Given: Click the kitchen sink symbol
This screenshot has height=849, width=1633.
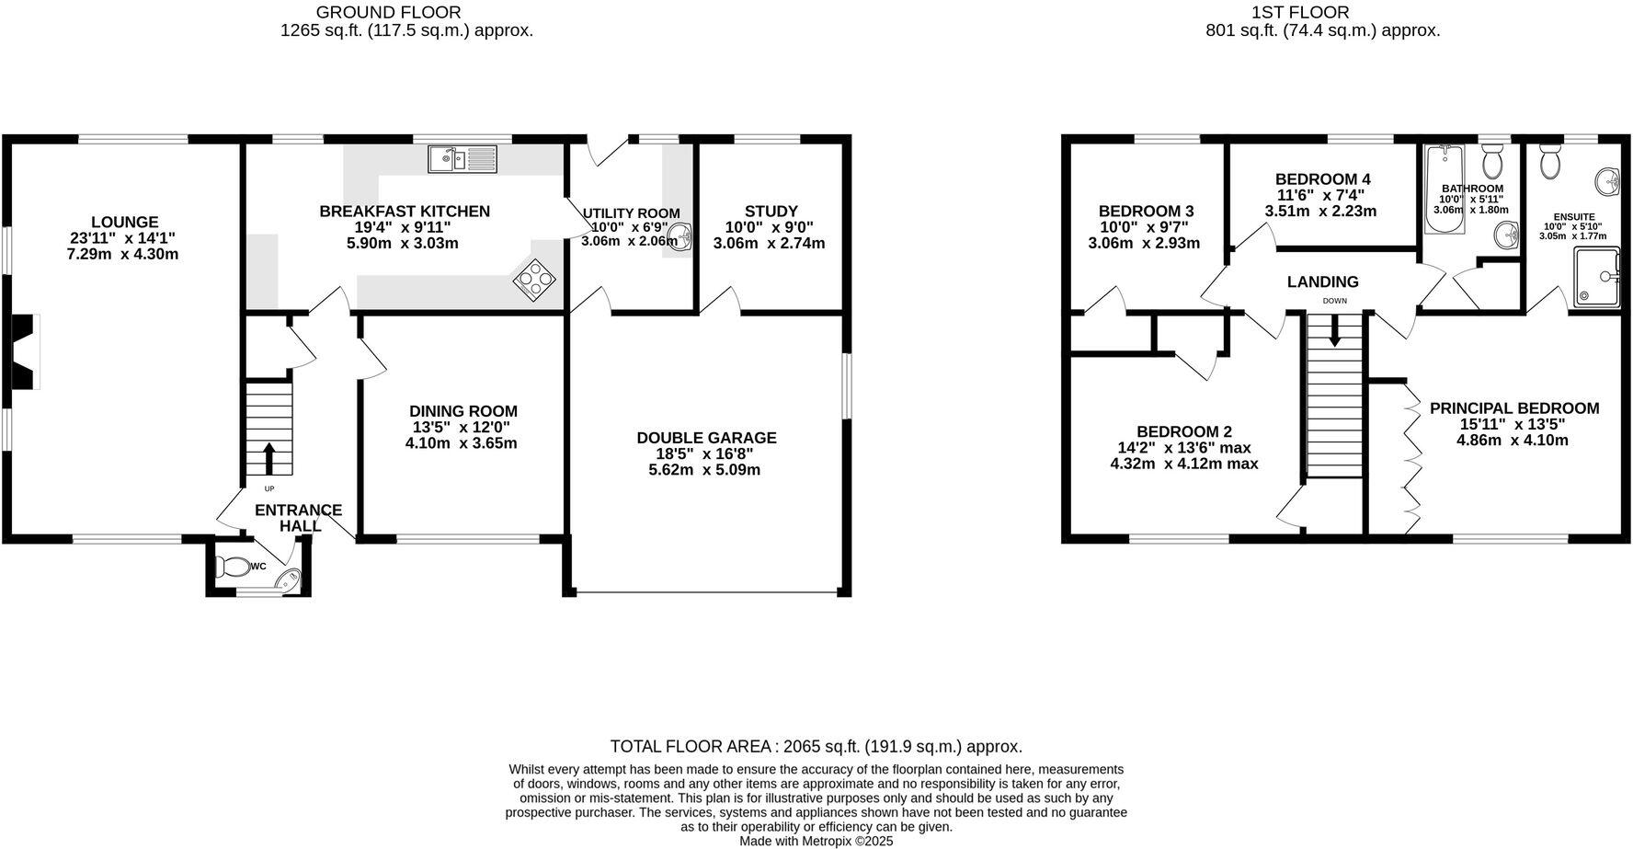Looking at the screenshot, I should click(462, 159).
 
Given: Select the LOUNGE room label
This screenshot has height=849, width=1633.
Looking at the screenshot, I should click(124, 222).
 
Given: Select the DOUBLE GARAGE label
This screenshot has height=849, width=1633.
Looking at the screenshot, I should click(706, 438).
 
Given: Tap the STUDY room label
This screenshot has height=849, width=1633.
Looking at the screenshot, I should click(771, 211).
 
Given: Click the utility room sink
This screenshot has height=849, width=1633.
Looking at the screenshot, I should click(679, 235).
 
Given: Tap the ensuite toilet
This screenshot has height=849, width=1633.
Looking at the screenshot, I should click(1549, 161).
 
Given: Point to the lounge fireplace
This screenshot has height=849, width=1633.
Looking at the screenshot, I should click(23, 351).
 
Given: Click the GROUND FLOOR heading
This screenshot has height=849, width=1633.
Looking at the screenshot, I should click(388, 12).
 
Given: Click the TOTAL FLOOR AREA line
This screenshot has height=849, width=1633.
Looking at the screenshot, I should click(816, 747).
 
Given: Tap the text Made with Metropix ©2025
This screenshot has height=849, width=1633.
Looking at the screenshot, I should click(816, 841).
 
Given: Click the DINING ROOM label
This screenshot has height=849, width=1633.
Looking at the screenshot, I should click(462, 411).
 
